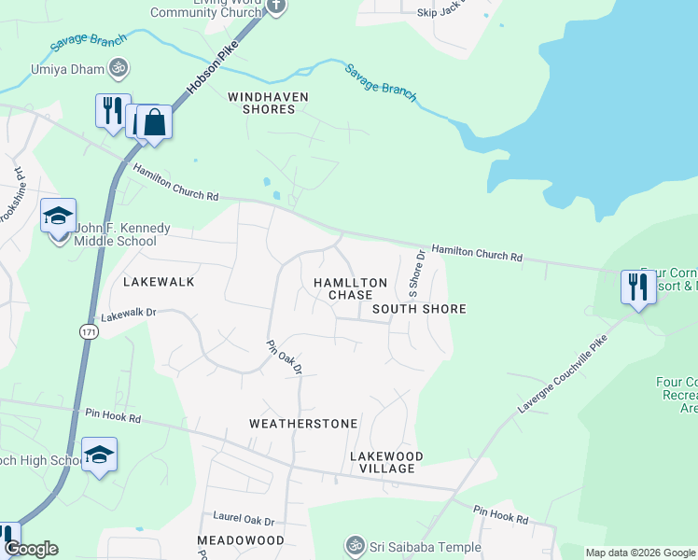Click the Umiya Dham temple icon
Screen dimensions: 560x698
click(x=119, y=67)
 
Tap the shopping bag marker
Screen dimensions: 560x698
click(x=155, y=122)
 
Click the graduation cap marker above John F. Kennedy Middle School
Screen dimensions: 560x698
click(x=58, y=217)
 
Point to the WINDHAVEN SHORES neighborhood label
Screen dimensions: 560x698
click(x=268, y=103)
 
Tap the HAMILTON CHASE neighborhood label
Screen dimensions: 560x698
click(x=350, y=288)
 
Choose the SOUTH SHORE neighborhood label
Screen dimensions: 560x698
click(x=418, y=309)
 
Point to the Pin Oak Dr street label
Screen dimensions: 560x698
click(x=285, y=357)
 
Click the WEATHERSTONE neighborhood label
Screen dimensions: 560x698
click(x=303, y=424)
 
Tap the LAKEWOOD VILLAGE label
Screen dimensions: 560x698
click(x=386, y=462)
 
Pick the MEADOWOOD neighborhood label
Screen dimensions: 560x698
click(x=240, y=540)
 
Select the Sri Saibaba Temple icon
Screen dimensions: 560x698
click(x=355, y=544)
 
